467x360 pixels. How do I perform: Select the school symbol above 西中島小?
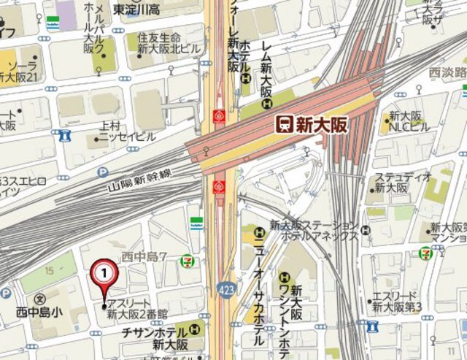pos(39,299)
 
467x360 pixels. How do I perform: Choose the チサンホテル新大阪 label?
pos(155,337)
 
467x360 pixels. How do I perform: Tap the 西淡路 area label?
pos(448,73)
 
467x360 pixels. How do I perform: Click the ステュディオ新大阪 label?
pos(398,183)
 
